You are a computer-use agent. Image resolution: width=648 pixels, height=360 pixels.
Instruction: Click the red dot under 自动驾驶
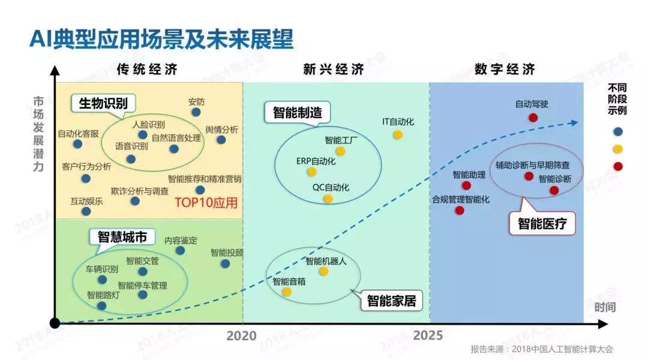(533, 118)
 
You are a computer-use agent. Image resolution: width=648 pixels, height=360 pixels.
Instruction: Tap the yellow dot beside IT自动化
(397, 134)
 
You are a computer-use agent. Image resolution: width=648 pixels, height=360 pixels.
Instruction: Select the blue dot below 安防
(196, 112)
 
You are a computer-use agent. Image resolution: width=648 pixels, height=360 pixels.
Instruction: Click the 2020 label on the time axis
(241, 336)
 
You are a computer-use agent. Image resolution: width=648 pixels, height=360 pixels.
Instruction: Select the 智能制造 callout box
(297, 112)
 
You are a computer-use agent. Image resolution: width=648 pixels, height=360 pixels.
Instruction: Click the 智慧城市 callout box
(122, 236)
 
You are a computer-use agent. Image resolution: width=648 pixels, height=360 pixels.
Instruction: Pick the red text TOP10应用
(206, 202)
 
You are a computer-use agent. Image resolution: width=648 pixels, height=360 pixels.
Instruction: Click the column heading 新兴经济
(334, 69)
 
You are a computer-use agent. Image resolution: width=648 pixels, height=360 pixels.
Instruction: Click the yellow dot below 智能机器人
(323, 272)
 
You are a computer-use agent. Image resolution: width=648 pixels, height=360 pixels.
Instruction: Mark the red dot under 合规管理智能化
(460, 211)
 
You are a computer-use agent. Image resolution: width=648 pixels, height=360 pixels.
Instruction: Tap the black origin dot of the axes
(55, 324)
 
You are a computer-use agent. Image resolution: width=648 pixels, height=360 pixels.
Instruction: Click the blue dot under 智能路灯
(101, 306)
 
